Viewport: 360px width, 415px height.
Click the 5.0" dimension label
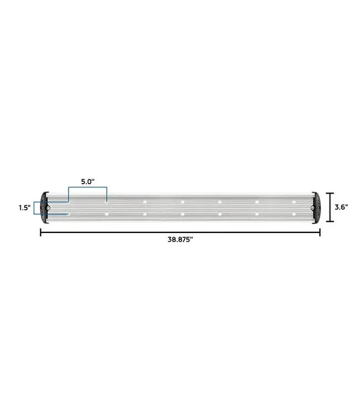pos(88,181)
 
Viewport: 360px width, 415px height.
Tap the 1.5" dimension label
pos(23,207)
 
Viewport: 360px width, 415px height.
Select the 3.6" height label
pos(342,207)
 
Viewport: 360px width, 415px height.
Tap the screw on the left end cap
pos(48,208)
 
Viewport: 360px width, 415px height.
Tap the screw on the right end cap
pos(313,208)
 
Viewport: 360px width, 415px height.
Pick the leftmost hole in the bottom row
pos(68,214)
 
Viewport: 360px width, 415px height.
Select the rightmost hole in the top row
pos(294,201)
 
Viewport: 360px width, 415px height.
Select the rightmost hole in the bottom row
pos(294,214)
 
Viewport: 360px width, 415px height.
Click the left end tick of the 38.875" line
pos(40,232)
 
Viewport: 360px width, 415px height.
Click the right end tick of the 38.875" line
pos(320,232)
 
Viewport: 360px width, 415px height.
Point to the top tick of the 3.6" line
pos(330,193)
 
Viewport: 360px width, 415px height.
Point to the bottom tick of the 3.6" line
pos(330,221)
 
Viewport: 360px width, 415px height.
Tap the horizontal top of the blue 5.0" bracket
pos(88,188)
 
